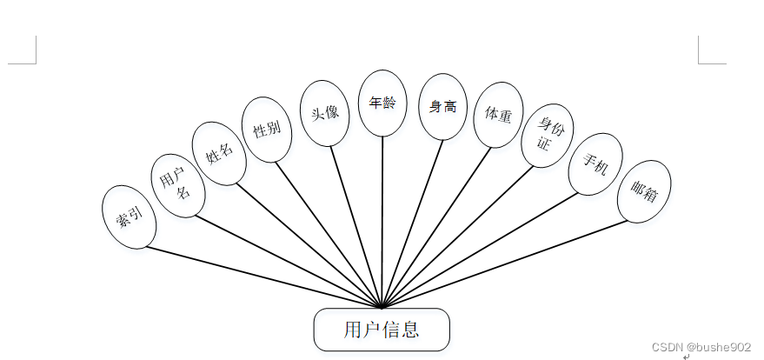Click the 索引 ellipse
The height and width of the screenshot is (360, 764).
pos(130,217)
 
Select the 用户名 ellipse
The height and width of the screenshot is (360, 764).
pos(177,185)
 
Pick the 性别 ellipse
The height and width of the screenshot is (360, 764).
pos(267,130)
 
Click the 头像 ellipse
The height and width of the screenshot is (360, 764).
pos(324,111)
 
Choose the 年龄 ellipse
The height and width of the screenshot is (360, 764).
pos(382,103)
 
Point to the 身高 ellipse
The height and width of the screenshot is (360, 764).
pos(442,106)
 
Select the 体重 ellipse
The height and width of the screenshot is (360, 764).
pos(498,114)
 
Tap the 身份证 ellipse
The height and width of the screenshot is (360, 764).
pos(548,137)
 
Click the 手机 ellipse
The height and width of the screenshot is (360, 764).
pos(595,163)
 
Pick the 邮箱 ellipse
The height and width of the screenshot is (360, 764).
pos(644,191)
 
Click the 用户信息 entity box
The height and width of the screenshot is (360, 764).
pos(382,330)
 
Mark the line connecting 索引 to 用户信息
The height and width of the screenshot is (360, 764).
pos(261,277)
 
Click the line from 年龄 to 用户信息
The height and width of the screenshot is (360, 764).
pos(382,217)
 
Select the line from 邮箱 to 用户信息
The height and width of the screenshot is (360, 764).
pos(504,263)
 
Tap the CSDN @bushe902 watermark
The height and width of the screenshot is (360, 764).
pos(701,347)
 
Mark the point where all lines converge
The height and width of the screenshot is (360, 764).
pos(382,306)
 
